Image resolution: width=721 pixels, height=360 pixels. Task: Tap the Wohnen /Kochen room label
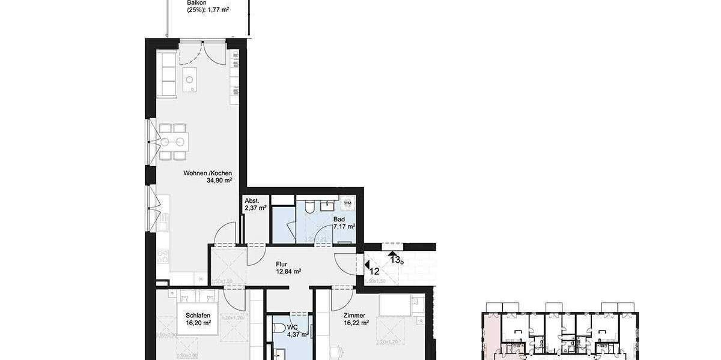pos(207,173)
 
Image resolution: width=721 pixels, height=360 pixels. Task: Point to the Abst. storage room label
pos(251,201)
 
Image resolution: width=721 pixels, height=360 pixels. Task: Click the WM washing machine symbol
pos(347,203)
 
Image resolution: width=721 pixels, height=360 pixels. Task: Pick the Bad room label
pos(339,219)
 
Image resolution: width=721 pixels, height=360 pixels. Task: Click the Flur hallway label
pos(282,263)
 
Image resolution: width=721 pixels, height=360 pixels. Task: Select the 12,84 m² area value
pos(288,271)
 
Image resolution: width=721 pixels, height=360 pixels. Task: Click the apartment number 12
pos(374,271)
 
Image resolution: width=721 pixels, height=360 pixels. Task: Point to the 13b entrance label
pos(397,259)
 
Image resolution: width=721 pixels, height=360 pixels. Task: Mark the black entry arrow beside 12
pos(367,262)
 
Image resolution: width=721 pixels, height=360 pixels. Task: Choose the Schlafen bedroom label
pos(198,315)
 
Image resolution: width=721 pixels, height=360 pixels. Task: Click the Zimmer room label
pos(355,314)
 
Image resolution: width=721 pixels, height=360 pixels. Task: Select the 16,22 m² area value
pos(355,322)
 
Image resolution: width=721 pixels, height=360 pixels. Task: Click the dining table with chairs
pos(172,142)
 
